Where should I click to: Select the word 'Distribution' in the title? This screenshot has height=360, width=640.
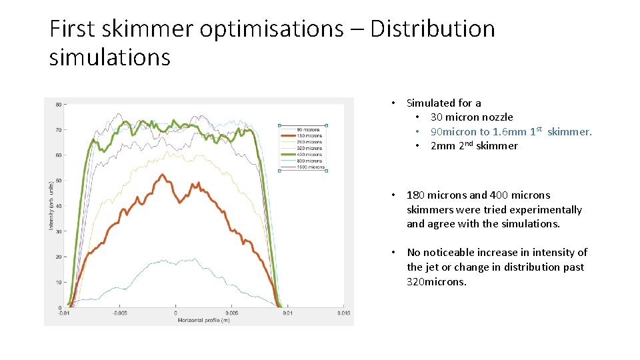pos(433,29)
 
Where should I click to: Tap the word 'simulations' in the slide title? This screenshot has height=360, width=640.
pos(110,57)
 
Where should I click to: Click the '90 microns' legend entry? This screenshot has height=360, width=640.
pos(309,129)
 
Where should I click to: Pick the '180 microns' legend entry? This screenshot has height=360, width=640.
pos(310,135)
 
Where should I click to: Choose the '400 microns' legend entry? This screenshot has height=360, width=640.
pos(310,155)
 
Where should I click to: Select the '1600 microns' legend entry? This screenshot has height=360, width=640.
pos(311,167)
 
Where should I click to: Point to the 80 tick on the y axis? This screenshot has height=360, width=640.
pos(59,105)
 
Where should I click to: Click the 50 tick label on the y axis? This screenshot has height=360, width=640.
pos(59,181)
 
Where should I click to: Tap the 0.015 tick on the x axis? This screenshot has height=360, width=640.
pos(343,313)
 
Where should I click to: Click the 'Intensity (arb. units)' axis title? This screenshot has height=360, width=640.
pos(51,206)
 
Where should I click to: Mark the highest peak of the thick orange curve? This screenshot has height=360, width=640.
pos(162,175)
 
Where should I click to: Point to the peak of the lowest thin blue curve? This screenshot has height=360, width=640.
pos(193,259)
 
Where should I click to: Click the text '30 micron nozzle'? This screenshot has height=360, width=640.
pos(471,117)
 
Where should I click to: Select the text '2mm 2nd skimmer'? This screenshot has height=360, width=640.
pos(473,146)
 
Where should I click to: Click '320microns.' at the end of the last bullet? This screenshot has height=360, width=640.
pos(437,282)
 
